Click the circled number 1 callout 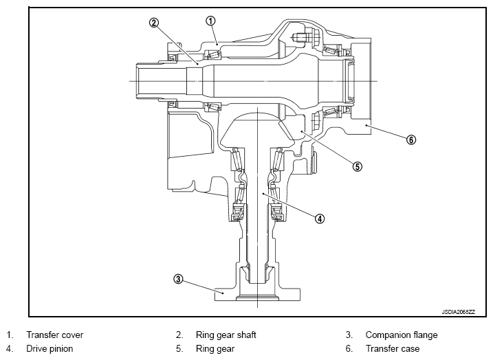[210, 21]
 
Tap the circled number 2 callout [154, 23]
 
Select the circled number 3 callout [178, 279]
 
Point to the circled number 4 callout [320, 218]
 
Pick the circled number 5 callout [357, 166]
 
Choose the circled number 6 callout [411, 139]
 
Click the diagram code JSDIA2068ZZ [459, 312]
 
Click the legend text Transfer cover [55, 335]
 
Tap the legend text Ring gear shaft [226, 335]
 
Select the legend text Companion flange [402, 335]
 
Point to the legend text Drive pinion [50, 349]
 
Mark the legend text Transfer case [393, 349]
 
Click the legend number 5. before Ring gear [179, 349]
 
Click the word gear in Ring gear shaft [225, 336]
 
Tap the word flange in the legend [423, 335]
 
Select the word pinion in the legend [61, 349]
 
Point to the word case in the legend [409, 349]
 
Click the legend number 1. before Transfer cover [10, 335]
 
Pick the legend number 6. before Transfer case [349, 349]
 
